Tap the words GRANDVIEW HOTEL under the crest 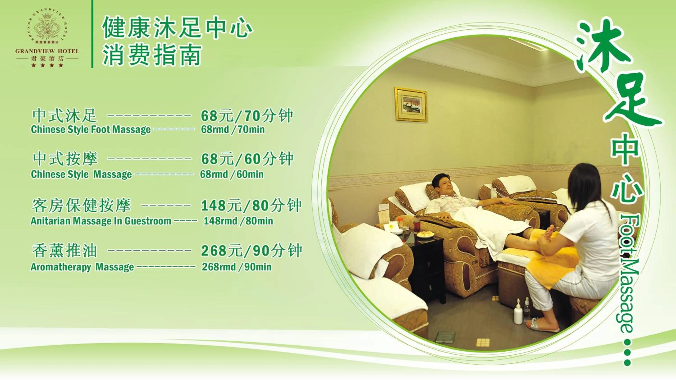point(47,51)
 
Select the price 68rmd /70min point(233,129)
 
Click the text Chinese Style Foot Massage point(91,129)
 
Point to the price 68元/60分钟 point(247,159)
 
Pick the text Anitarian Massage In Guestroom point(101,221)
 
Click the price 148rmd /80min point(238,221)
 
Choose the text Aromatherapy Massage point(82,267)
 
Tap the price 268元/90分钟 point(251,251)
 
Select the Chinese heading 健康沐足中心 point(177,27)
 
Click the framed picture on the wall point(411,104)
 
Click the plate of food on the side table point(425,234)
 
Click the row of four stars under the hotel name point(47,65)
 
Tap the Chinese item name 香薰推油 point(64,251)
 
